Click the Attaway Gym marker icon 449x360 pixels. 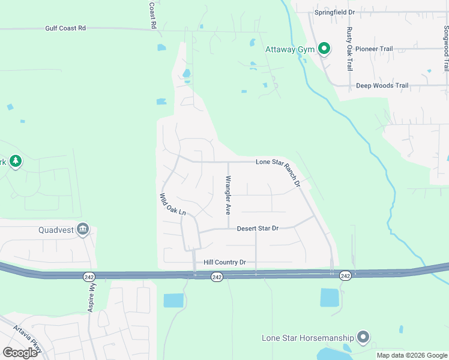[324, 49]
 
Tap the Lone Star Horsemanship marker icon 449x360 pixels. [362, 338]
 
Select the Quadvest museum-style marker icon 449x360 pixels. [83, 229]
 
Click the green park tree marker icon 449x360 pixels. [15, 161]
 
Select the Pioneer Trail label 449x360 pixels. [373, 49]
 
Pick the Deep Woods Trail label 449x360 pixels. [382, 86]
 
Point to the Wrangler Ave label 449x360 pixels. [228, 196]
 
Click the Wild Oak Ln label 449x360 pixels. [173, 205]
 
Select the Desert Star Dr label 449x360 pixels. [258, 229]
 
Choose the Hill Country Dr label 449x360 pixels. [225, 262]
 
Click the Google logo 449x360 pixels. [20, 352]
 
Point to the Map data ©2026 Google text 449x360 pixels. [412, 355]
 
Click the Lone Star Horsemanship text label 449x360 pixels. [308, 338]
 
